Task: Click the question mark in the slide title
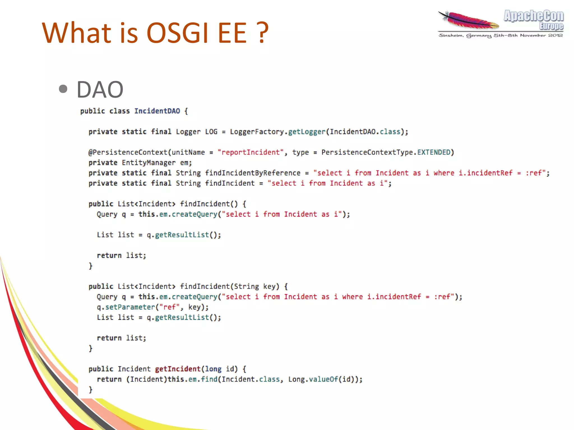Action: click(x=263, y=33)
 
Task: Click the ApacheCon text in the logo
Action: click(x=533, y=16)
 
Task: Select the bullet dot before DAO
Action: click(x=64, y=89)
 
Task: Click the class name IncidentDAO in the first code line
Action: click(x=157, y=111)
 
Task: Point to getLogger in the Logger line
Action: click(x=307, y=132)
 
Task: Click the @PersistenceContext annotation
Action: click(x=128, y=152)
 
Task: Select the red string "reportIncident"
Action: click(x=251, y=152)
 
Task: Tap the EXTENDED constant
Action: click(x=433, y=152)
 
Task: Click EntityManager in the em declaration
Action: click(x=149, y=163)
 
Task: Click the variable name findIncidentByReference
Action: click(x=253, y=173)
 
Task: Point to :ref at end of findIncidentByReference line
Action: click(x=534, y=173)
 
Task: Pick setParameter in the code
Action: click(x=130, y=307)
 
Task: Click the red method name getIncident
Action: click(x=178, y=369)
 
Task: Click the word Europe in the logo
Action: click(x=551, y=26)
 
